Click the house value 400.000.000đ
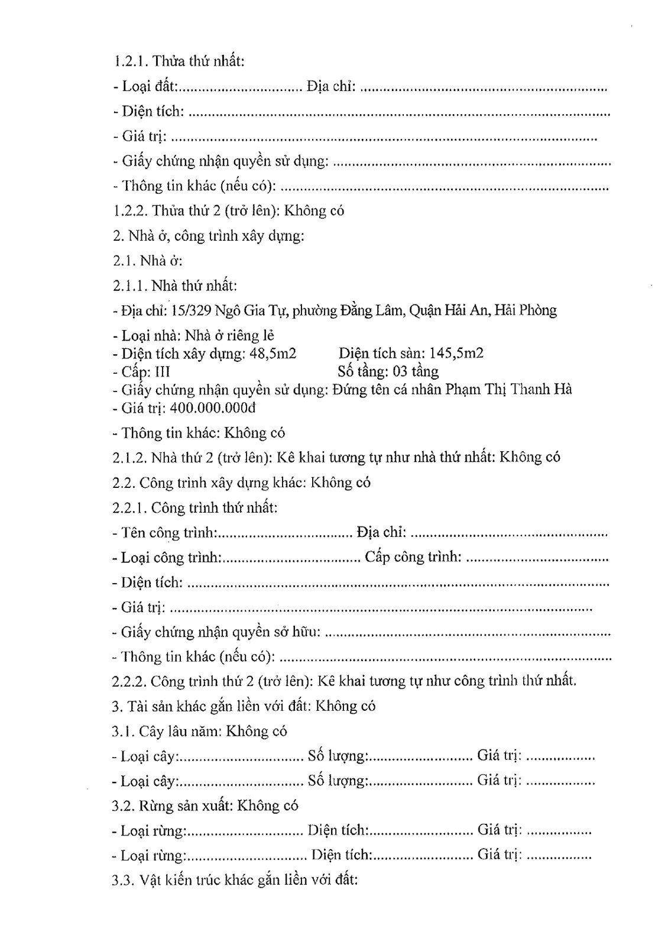pyautogui.click(x=212, y=408)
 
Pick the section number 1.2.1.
pyautogui.click(x=131, y=62)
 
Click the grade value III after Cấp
pyautogui.click(x=162, y=372)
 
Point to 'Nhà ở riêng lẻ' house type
pyautogui.click(x=230, y=336)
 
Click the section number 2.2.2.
pyautogui.click(x=129, y=681)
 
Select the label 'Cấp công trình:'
pyautogui.click(x=413, y=558)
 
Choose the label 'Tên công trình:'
pyautogui.click(x=168, y=533)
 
